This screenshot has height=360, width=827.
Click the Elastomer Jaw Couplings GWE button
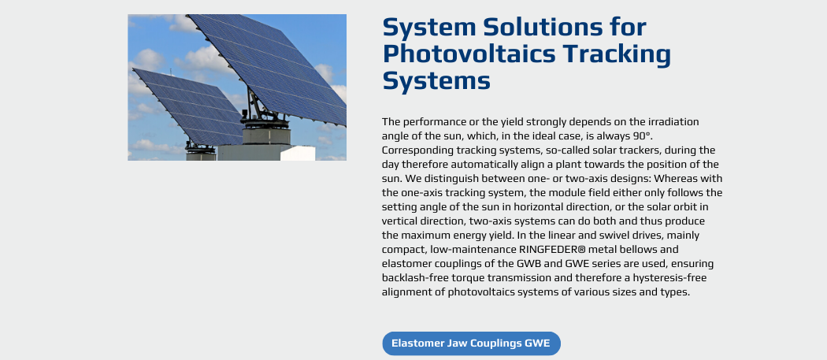pos(471,343)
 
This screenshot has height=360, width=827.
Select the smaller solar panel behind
pos(187,106)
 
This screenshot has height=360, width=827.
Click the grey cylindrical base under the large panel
pos(266,135)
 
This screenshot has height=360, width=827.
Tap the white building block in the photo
pos(298,153)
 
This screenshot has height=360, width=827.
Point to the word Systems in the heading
pos(436,82)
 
